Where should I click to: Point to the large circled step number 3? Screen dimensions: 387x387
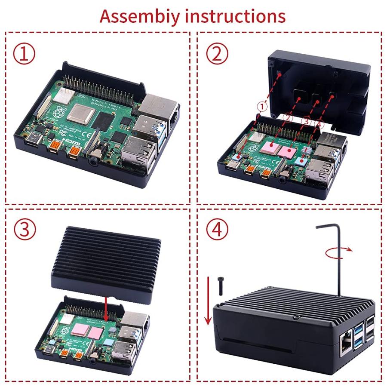(x=24, y=230)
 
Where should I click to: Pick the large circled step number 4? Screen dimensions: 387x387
(x=217, y=230)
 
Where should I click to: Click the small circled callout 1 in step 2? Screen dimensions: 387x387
(x=263, y=105)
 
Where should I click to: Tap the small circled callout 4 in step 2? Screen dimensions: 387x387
(x=318, y=124)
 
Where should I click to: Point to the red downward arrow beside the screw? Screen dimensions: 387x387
(x=208, y=301)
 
